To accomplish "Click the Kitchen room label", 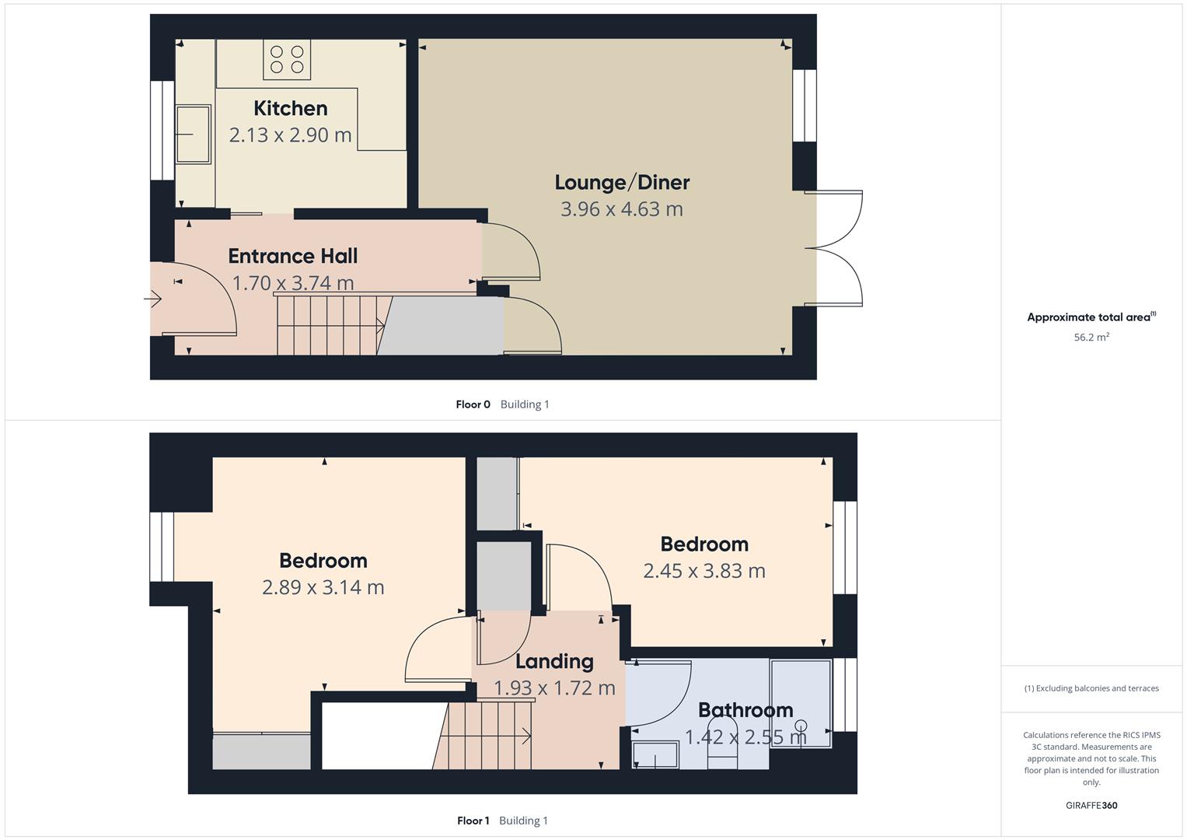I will click(x=290, y=108).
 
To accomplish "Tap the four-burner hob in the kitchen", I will click(x=286, y=60).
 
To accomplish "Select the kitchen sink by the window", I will click(x=193, y=135).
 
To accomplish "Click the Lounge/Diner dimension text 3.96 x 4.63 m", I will click(x=621, y=208).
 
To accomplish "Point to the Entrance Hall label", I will click(x=292, y=256).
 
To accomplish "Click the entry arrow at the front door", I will click(x=152, y=298).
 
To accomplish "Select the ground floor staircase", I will click(x=330, y=324).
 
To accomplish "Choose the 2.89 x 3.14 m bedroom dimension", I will click(x=323, y=587).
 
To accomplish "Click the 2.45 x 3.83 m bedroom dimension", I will click(x=703, y=571).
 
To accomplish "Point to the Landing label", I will click(x=554, y=662).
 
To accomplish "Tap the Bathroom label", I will click(x=745, y=710).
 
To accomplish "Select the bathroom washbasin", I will click(x=655, y=755).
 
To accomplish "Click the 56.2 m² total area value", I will click(x=1091, y=338).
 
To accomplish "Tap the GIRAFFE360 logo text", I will click(x=1091, y=806).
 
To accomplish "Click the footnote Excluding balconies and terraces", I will click(x=1091, y=688).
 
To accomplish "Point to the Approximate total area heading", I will click(x=1091, y=317).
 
